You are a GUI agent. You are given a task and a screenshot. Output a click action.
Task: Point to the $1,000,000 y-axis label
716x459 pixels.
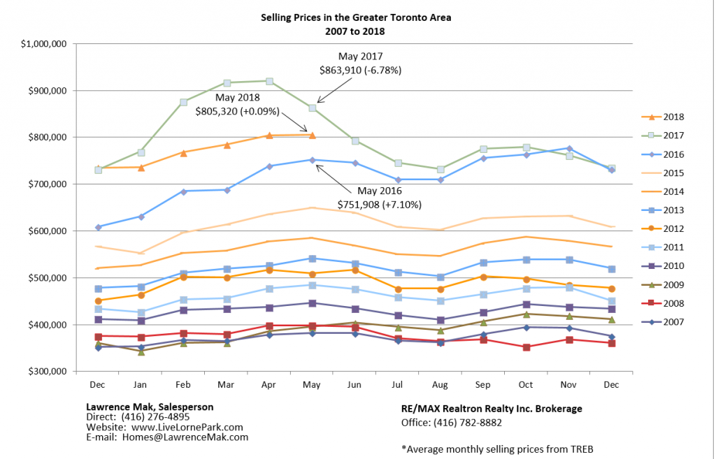43,43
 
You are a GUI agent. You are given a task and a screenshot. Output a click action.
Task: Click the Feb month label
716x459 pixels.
183,385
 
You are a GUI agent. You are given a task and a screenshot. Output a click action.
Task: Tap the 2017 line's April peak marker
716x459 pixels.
269,81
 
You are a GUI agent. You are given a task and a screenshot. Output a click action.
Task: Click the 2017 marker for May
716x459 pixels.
312,108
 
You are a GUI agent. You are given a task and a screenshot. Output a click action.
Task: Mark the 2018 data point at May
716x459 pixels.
312,135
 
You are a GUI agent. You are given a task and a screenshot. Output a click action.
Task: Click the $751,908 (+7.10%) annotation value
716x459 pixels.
380,204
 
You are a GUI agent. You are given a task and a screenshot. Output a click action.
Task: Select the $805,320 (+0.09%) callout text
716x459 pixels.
238,110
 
